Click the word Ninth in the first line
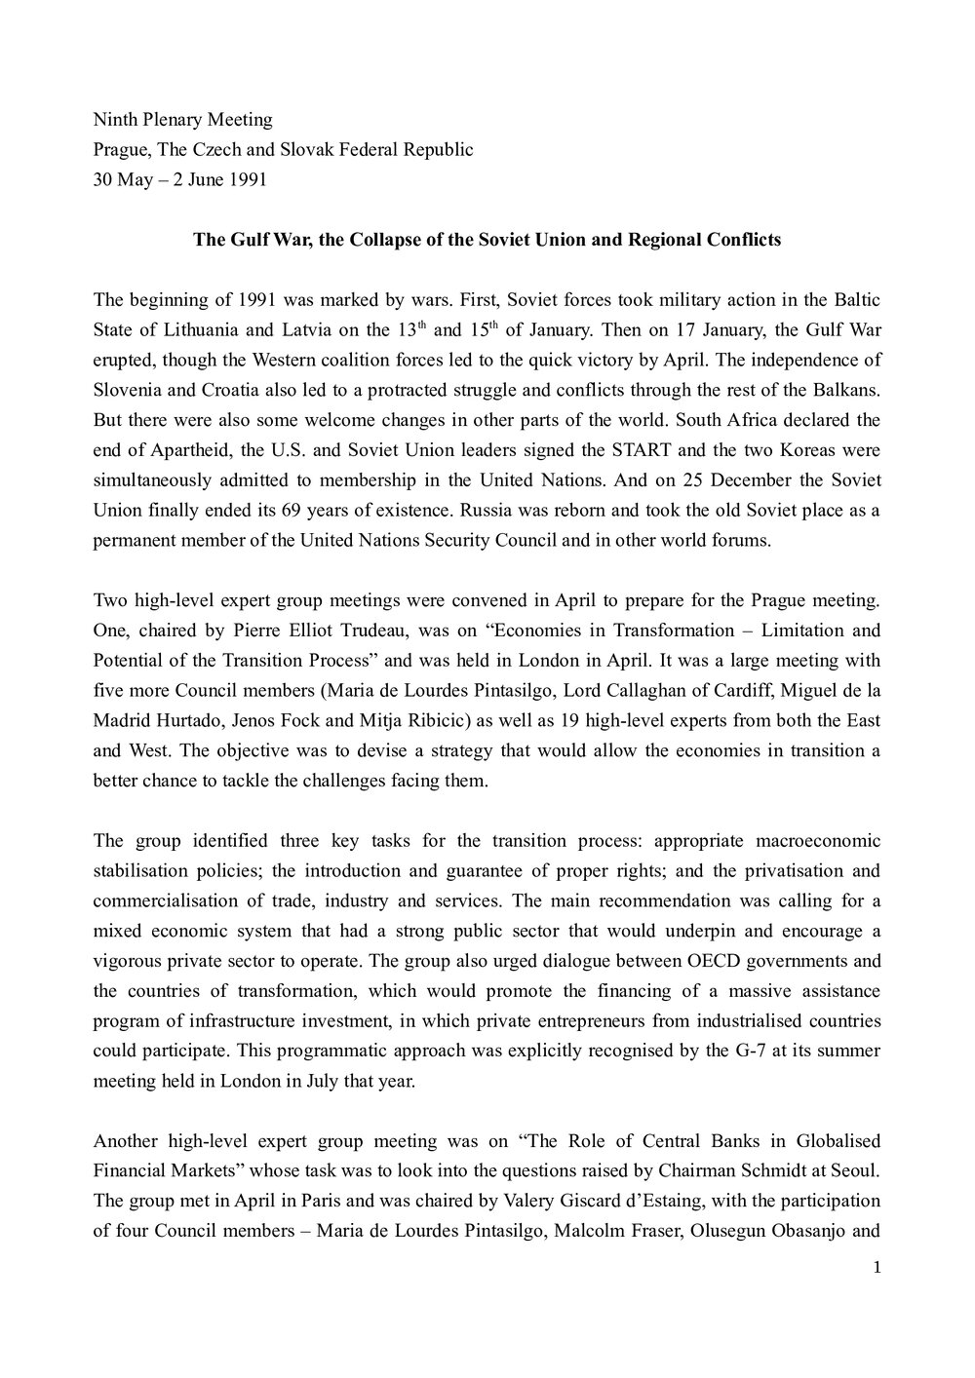(x=114, y=120)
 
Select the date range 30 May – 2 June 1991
(x=179, y=180)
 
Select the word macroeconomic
(x=816, y=814)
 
